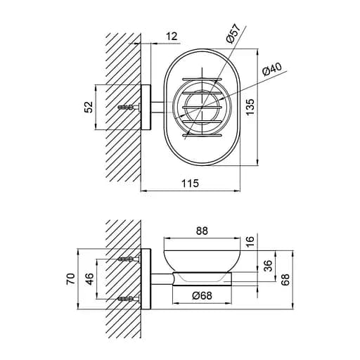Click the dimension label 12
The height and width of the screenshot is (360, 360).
pyautogui.click(x=172, y=37)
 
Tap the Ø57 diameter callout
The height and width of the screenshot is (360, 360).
pyautogui.click(x=233, y=33)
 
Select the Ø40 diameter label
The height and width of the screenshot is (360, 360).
pyautogui.click(x=271, y=70)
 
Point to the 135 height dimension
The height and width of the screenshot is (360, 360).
pyautogui.click(x=250, y=107)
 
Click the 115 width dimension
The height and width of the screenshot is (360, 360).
pyautogui.click(x=191, y=183)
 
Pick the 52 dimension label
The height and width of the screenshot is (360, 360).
pyautogui.click(x=89, y=107)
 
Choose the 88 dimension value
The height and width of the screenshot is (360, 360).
pyautogui.click(x=202, y=231)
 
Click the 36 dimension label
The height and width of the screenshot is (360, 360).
pyautogui.click(x=269, y=266)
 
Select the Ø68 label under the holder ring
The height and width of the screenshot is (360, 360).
pyautogui.click(x=202, y=295)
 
